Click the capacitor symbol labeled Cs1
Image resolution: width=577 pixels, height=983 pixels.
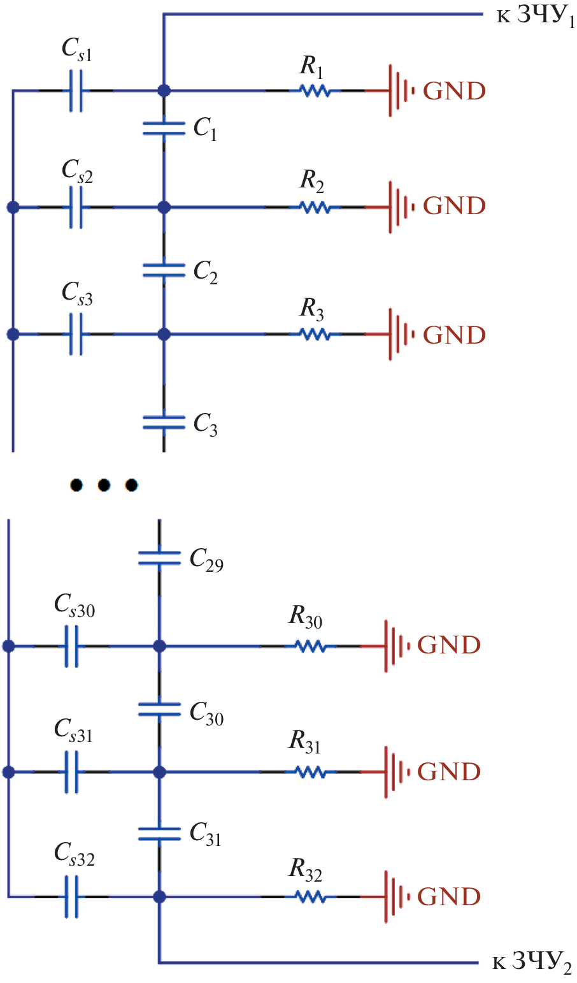coord(76,91)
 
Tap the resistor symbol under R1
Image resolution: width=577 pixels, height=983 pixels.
coord(315,91)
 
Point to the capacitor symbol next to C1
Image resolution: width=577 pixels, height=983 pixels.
coord(164,128)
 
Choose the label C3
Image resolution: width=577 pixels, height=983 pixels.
coord(206,424)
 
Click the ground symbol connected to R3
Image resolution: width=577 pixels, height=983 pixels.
coord(399,334)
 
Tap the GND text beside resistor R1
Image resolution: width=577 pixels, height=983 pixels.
coord(454,91)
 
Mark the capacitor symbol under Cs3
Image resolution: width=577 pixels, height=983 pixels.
coord(76,334)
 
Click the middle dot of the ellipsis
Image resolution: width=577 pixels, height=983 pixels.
coord(104,485)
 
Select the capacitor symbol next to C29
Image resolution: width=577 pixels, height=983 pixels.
coord(159,558)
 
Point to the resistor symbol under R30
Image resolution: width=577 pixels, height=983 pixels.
coord(310,646)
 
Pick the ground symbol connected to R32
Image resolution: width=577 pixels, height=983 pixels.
coord(394,897)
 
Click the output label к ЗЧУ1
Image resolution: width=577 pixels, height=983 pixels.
coord(535,17)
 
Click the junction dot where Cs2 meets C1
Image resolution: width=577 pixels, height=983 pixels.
coord(164,207)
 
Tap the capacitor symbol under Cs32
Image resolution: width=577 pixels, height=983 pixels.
coord(71,897)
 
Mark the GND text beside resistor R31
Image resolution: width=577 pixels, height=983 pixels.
coord(448,772)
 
